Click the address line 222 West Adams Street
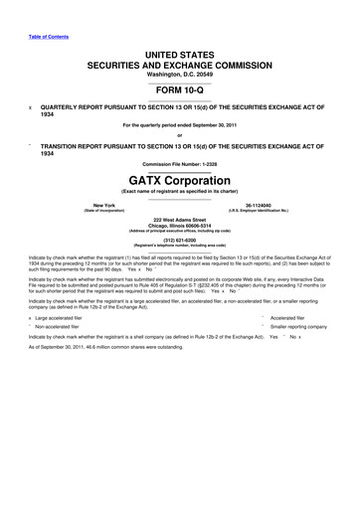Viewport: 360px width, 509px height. (x=180, y=218)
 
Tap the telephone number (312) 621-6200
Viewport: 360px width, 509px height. (x=180, y=239)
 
